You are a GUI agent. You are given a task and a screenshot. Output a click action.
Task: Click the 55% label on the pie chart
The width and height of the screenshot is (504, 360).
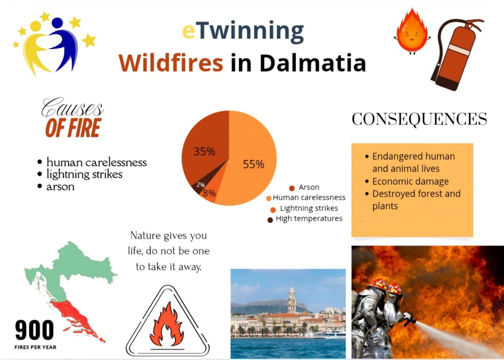pos(253,164)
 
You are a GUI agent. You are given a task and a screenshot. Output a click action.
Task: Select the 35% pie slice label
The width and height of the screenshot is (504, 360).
pos(204,151)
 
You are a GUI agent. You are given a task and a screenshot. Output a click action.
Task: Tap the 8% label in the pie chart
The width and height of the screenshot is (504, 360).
pos(209,193)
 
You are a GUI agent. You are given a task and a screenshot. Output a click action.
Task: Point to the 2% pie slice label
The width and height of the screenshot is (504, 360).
pos(201,185)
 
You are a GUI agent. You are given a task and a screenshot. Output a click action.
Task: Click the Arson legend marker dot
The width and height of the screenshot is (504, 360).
pos(292,188)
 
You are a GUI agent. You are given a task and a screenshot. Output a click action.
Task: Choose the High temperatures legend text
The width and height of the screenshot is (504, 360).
pos(309,218)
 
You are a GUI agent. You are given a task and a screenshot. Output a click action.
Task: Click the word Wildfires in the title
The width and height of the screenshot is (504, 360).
pos(171,63)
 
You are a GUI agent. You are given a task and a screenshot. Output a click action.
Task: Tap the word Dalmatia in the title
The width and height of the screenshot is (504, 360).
pos(312,63)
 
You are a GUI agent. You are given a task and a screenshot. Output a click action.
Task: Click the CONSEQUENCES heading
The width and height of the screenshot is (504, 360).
pos(419,119)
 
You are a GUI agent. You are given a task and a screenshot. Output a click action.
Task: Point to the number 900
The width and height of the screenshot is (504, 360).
pos(34,330)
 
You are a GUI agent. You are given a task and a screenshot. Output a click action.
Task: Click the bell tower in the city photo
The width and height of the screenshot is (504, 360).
pos(292,301)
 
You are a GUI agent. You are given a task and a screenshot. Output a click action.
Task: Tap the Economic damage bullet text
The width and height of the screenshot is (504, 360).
pos(411,181)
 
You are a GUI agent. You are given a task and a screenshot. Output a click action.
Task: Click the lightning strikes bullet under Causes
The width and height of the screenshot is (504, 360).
pos(84,174)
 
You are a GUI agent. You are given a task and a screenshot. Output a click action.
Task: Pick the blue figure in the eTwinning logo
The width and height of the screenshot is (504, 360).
pos(64,42)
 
